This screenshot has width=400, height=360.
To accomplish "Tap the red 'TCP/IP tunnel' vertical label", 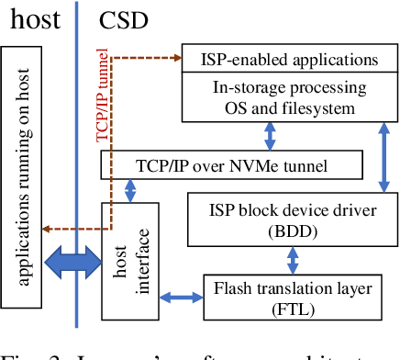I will (x=103, y=96).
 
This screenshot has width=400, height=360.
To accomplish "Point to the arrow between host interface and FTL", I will (x=180, y=297).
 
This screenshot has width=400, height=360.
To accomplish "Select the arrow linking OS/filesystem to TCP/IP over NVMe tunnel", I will (x=270, y=136).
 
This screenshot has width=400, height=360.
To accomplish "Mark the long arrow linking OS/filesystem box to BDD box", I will (x=383, y=156).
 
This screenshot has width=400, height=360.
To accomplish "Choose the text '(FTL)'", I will (x=294, y=310).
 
